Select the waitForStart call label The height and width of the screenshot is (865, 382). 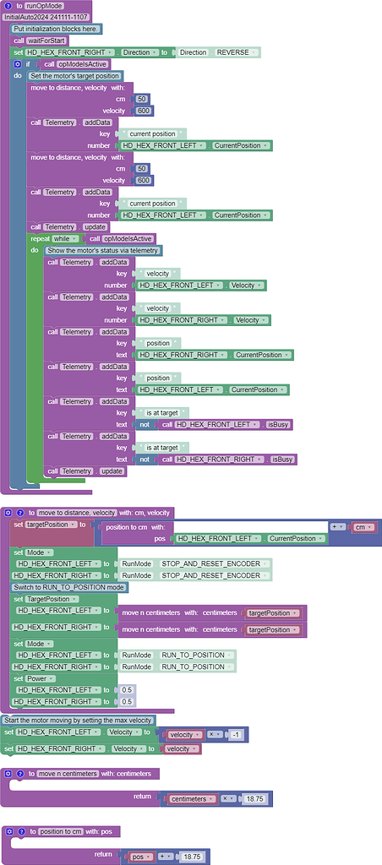[x=51, y=41]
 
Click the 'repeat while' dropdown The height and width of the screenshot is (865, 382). [x=68, y=239]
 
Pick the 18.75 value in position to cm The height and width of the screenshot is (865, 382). [x=192, y=856]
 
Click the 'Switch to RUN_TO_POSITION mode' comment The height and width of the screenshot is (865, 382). [x=68, y=586]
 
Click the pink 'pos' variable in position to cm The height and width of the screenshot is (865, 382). [x=137, y=856]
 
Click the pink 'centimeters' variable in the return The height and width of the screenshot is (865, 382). [x=193, y=798]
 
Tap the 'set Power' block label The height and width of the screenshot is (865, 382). [x=35, y=678]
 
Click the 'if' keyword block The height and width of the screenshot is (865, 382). [x=27, y=64]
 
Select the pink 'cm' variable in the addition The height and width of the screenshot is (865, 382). [x=363, y=526]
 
